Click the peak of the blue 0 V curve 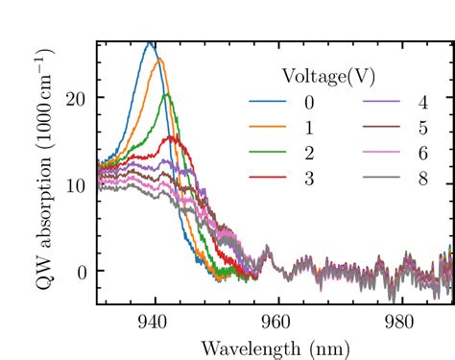150,43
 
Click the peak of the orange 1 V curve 159,60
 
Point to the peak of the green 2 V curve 166,94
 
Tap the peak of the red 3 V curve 173,136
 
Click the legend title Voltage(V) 327,75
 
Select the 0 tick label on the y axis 82,272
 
